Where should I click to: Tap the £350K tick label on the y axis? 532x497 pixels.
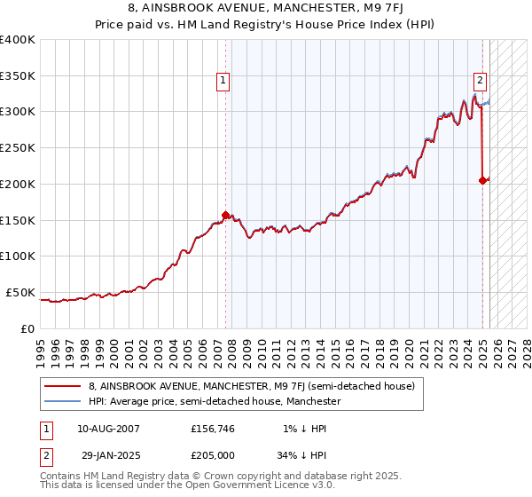pyautogui.click(x=18, y=76)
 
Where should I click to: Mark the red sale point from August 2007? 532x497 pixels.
pyautogui.click(x=225, y=215)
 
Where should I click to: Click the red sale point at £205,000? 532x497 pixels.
pyautogui.click(x=483, y=180)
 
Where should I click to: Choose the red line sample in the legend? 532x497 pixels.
pyautogui.click(x=64, y=387)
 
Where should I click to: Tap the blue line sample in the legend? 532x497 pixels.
pyautogui.click(x=64, y=401)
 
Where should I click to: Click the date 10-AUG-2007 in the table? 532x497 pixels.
pyautogui.click(x=109, y=429)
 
